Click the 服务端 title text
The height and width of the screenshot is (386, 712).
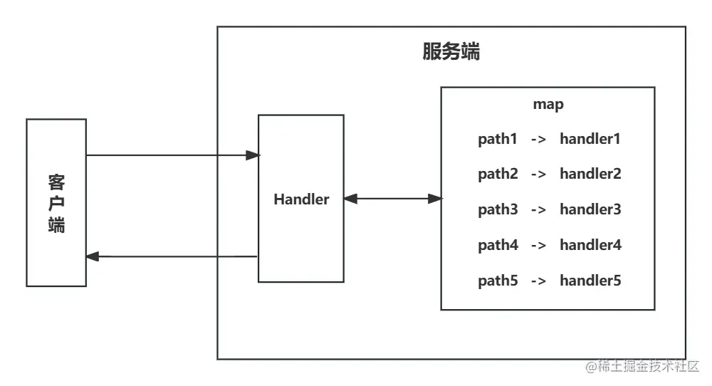pos(451,52)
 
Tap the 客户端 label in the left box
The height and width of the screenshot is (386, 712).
pos(56,202)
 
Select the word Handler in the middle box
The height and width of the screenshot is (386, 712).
pos(301,199)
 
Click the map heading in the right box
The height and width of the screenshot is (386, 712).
pos(548,105)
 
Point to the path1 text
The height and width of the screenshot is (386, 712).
pos(498,139)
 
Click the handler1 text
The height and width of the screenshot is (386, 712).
pos(590,139)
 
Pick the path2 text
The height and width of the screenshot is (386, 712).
pos(498,174)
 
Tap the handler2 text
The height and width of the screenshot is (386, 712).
pos(590,174)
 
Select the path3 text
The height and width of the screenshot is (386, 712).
pos(498,209)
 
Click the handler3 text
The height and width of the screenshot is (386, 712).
pos(590,209)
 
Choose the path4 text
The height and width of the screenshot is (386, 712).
pos(498,245)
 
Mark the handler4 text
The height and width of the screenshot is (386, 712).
pos(590,245)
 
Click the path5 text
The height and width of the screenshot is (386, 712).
pos(498,281)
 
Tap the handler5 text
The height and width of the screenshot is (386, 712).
pos(590,281)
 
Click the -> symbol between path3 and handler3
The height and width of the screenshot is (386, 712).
pos(538,210)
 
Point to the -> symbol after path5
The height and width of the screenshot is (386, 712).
pos(538,281)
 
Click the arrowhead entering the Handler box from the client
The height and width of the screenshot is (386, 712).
pos(252,155)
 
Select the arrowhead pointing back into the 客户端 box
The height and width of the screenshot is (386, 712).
pos(93,256)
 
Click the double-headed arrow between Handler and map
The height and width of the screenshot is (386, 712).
pos(392,199)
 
